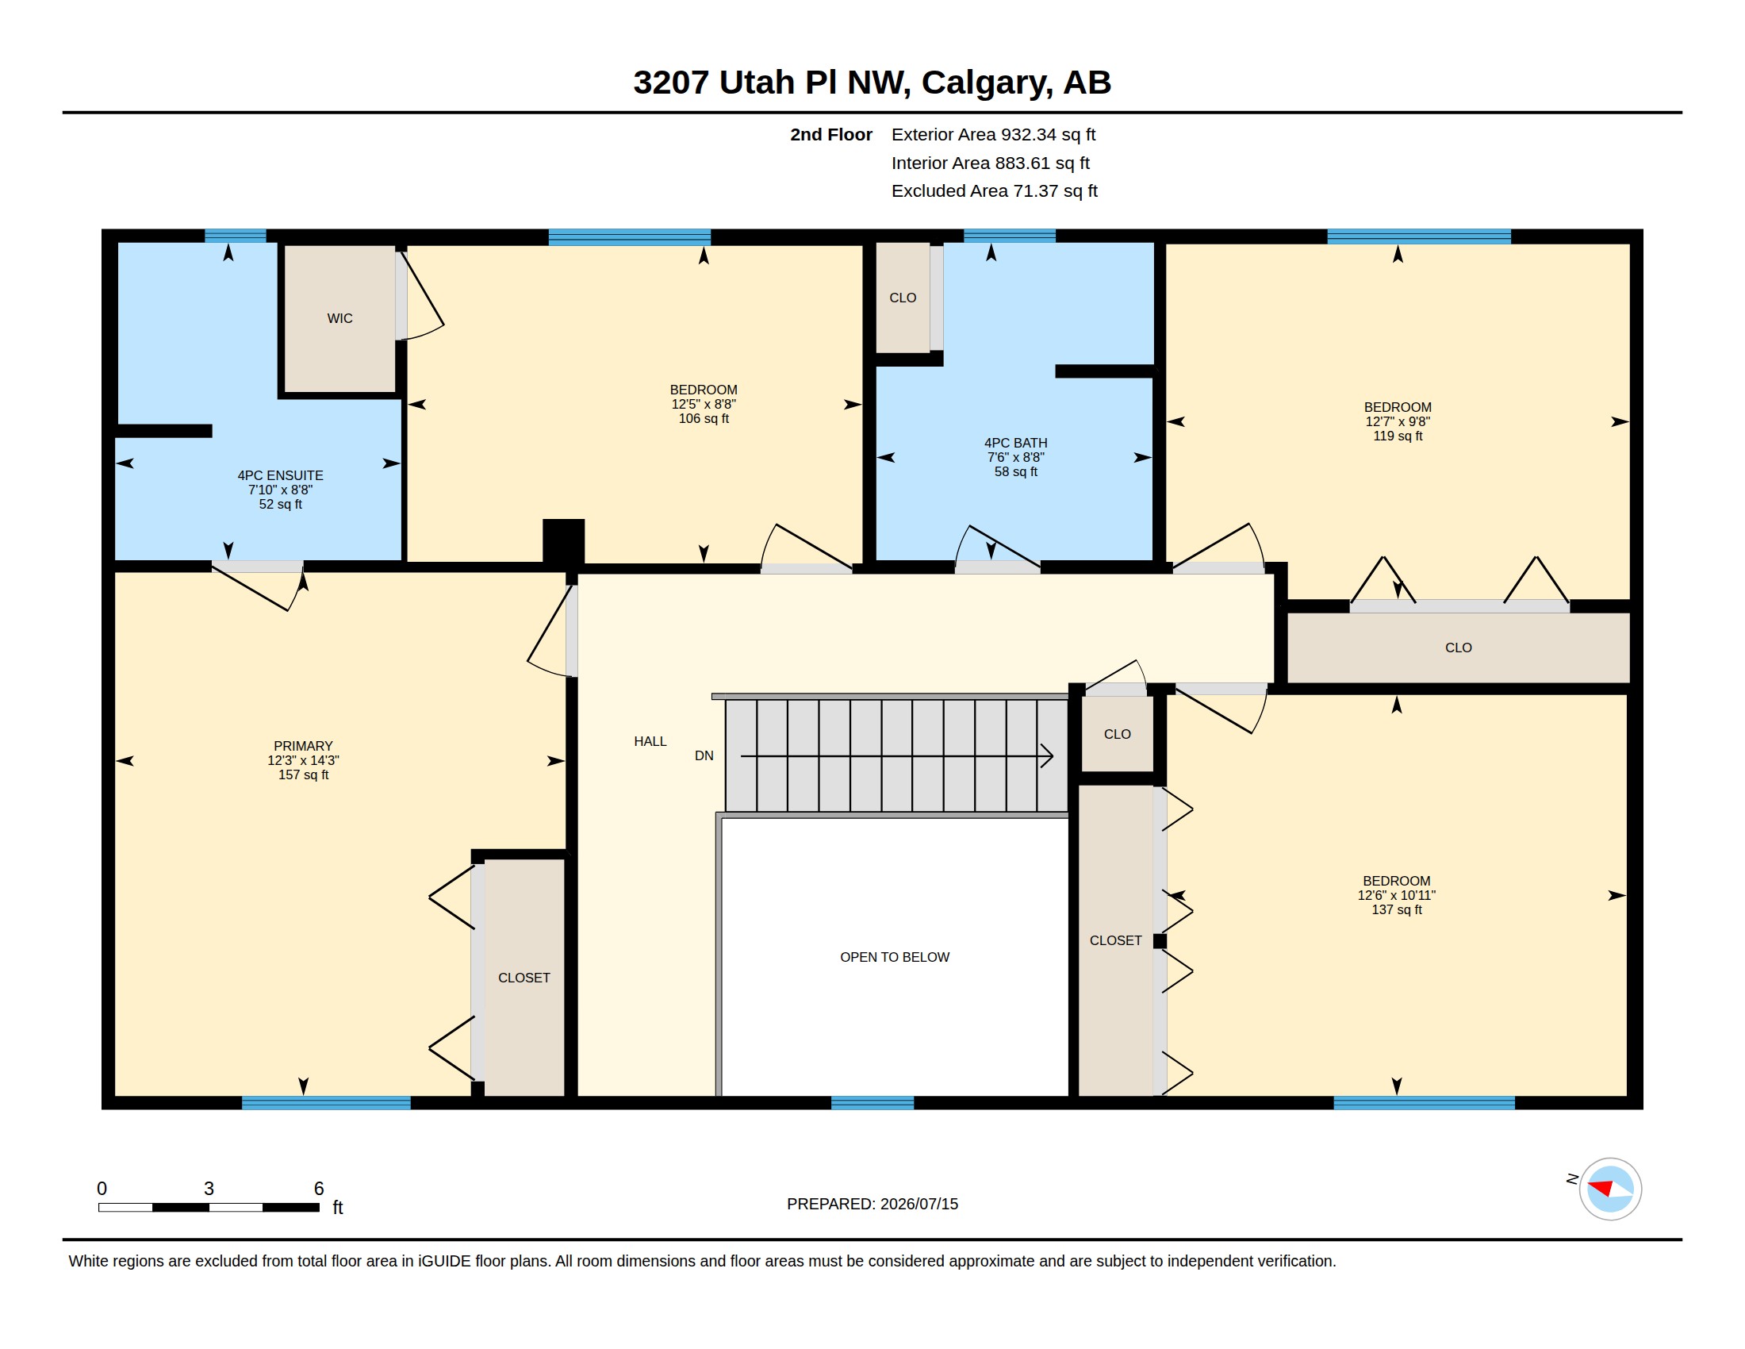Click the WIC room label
(339, 318)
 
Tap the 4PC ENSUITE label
(281, 475)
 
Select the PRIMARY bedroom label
(303, 746)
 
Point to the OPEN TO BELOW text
(895, 958)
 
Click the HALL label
(650, 742)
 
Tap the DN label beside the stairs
(704, 756)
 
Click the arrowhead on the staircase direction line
(1047, 756)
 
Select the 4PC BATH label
(1015, 443)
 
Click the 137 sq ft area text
(1397, 909)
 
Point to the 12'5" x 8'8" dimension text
(704, 405)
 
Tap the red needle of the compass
(1600, 1188)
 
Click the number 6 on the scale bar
(319, 1189)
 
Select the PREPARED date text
(872, 1205)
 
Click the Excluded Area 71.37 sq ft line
(995, 191)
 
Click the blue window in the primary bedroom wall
(326, 1103)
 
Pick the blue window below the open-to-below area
(872, 1103)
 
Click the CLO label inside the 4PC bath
(903, 298)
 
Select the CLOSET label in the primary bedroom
(524, 978)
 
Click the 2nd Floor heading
(831, 135)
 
